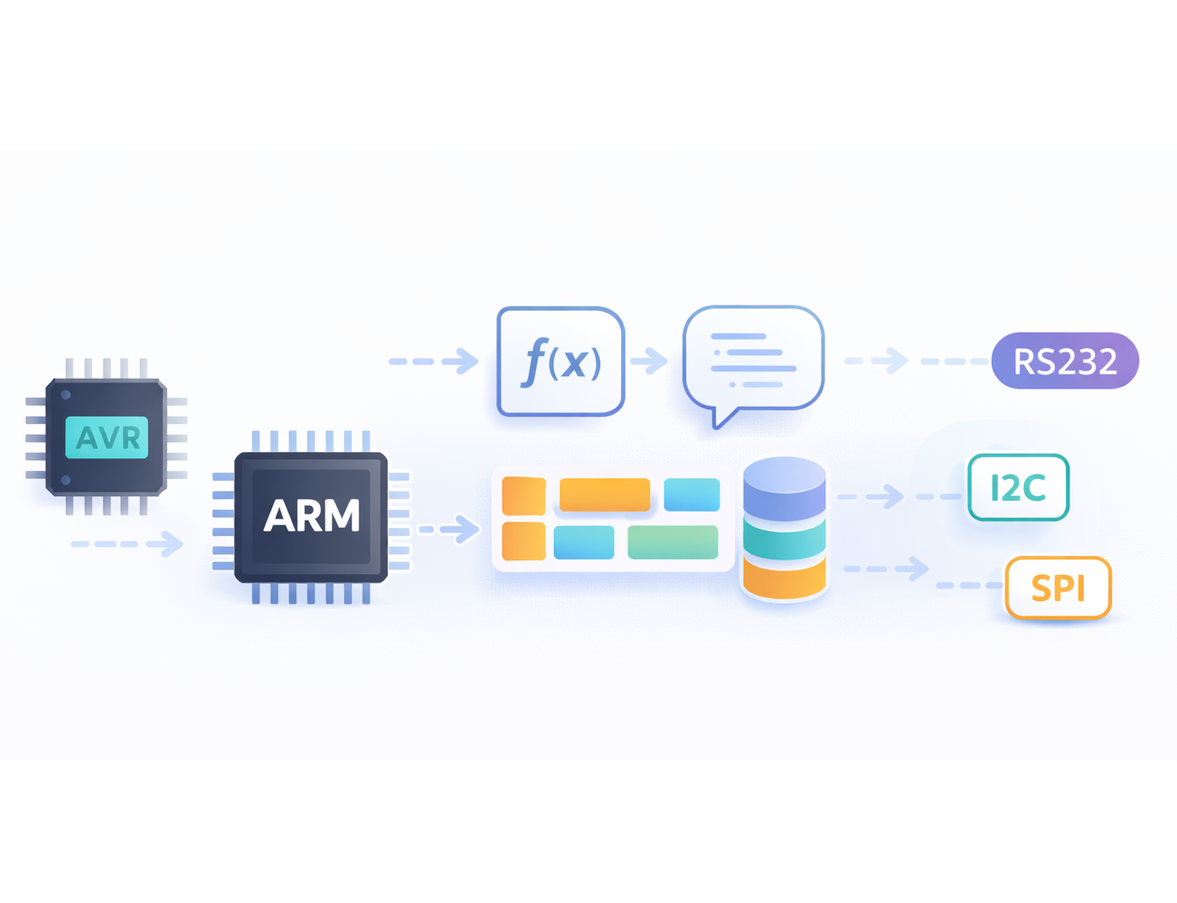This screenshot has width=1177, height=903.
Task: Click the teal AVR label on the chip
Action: (x=106, y=437)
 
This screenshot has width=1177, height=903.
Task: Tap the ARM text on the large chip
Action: (x=312, y=515)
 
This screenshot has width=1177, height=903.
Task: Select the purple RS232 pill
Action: (x=1065, y=361)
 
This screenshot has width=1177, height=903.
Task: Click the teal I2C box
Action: (x=1018, y=487)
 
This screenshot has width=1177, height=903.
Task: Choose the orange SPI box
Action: (x=1059, y=588)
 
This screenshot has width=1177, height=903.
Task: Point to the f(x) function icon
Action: (x=560, y=362)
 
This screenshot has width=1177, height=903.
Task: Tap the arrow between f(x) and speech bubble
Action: (x=648, y=361)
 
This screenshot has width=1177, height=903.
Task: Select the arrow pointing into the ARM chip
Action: (x=127, y=543)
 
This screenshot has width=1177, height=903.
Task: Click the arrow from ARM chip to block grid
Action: (x=449, y=529)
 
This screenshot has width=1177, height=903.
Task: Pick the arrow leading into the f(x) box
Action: (x=433, y=361)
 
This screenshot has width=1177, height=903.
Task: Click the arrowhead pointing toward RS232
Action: (x=898, y=361)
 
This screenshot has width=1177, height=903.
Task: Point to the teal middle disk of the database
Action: (x=785, y=540)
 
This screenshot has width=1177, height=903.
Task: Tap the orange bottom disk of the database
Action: (x=785, y=578)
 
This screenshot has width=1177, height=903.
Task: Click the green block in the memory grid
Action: (x=673, y=542)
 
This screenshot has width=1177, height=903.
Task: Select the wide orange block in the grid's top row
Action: (x=605, y=494)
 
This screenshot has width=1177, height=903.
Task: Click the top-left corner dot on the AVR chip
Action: (x=66, y=395)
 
